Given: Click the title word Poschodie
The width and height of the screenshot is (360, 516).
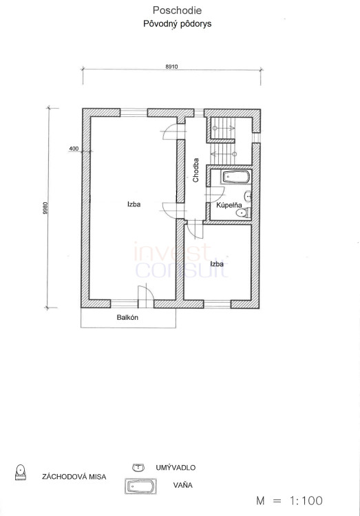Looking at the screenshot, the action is pyautogui.click(x=177, y=10).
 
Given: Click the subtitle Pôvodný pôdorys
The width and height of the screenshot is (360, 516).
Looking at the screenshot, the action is pyautogui.click(x=177, y=23).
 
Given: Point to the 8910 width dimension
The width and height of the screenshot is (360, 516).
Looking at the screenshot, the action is pyautogui.click(x=171, y=67).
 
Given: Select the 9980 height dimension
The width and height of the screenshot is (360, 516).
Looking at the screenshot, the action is pyautogui.click(x=45, y=208).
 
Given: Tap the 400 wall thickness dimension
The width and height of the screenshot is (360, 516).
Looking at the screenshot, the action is pyautogui.click(x=74, y=149).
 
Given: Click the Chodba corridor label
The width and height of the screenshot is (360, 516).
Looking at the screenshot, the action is pyautogui.click(x=196, y=170).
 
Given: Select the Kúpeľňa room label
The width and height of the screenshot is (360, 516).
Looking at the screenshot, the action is pyautogui.click(x=229, y=205).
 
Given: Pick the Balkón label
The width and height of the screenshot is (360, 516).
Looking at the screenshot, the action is pyautogui.click(x=127, y=318).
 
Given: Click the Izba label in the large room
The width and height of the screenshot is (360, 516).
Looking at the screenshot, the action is pyautogui.click(x=134, y=204).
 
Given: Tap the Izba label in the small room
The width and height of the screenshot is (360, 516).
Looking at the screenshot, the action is pyautogui.click(x=217, y=264).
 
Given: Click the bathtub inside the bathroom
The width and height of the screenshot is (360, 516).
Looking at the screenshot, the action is pyautogui.click(x=236, y=178).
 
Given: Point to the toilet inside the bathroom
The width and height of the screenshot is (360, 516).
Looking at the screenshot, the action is pyautogui.click(x=244, y=213).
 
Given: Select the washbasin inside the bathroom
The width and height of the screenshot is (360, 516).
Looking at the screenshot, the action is pyautogui.click(x=248, y=196).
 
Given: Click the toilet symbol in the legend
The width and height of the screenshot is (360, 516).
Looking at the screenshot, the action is pyautogui.click(x=21, y=472).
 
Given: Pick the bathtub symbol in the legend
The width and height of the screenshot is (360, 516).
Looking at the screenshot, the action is pyautogui.click(x=140, y=486).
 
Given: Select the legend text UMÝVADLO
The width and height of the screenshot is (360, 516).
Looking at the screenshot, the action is pyautogui.click(x=176, y=468).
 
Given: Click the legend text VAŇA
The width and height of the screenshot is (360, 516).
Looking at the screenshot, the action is pyautogui.click(x=183, y=485).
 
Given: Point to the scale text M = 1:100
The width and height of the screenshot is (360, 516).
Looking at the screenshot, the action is pyautogui.click(x=289, y=501).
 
